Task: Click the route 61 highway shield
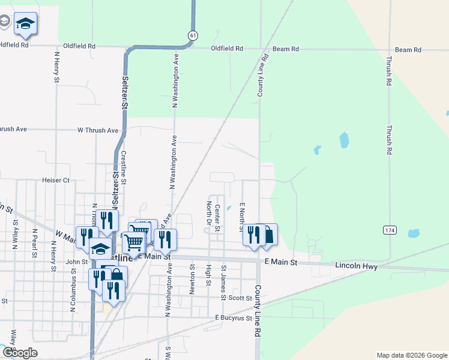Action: point(192,36)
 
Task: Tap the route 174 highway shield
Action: point(389,230)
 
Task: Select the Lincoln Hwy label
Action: point(357,266)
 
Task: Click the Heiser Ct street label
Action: point(56,180)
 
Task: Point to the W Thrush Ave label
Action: point(98,130)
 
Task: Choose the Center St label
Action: point(217,217)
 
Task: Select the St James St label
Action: point(223,283)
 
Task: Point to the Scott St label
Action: point(240,298)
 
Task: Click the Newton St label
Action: point(192,280)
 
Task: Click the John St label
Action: point(77,262)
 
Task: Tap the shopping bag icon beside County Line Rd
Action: point(268,235)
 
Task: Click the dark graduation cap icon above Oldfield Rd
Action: point(25,23)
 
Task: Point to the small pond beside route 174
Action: point(414,233)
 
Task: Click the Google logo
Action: point(20,352)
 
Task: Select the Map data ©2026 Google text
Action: point(412,355)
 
